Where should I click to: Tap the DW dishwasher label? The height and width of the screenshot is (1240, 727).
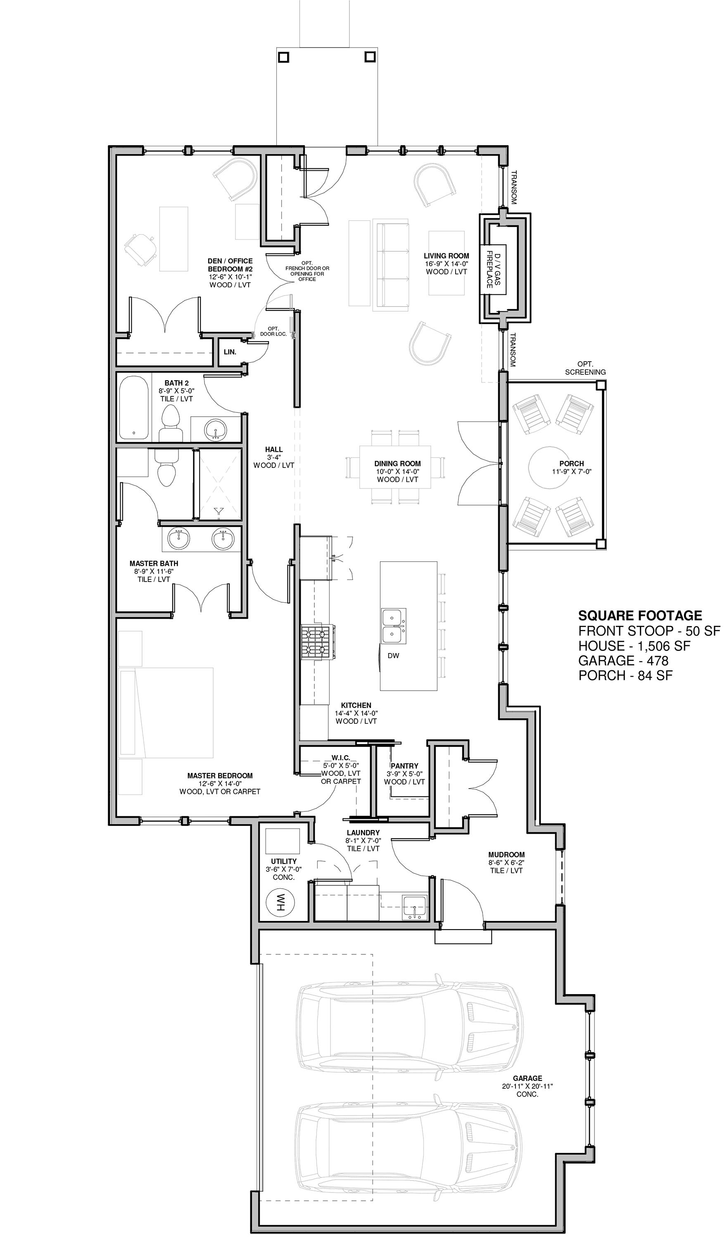pyautogui.click(x=392, y=656)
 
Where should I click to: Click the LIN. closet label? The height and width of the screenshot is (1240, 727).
pyautogui.click(x=230, y=352)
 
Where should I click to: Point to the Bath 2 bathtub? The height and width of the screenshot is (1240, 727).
pyautogui.click(x=133, y=408)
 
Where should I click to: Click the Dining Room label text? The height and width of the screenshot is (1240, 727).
pyautogui.click(x=397, y=463)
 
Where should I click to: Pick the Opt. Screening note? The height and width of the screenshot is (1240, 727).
pyautogui.click(x=585, y=368)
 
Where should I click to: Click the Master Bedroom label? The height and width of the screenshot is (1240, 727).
pyautogui.click(x=220, y=775)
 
